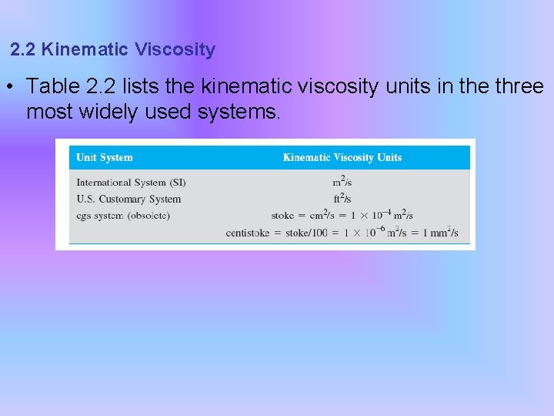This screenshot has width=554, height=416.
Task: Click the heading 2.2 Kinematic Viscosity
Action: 113,50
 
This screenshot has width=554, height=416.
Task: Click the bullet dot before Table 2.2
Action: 8,87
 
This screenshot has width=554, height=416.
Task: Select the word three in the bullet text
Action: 519,87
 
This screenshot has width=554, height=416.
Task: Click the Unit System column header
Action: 105,158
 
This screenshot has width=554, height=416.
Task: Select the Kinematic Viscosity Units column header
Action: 342,158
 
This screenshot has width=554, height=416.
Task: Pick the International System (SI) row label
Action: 131,183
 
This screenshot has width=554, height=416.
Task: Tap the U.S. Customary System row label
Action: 128,199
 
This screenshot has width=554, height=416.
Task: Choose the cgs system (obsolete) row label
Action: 123,215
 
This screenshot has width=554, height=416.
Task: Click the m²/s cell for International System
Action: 342,183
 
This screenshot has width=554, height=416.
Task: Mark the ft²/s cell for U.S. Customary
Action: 342,199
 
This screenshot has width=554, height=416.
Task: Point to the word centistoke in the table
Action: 247,233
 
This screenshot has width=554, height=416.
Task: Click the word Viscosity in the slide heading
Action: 175,50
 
